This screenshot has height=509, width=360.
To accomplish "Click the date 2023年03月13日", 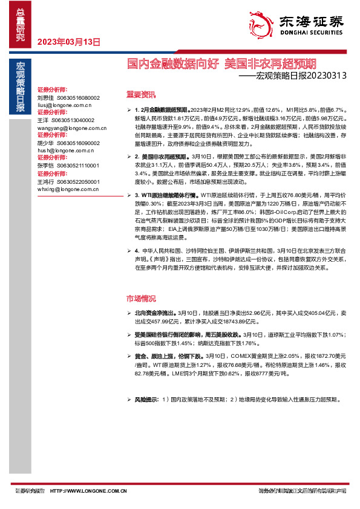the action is click(68, 42).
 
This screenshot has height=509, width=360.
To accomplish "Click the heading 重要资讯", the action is click(140, 94).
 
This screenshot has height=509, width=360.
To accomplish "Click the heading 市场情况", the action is click(140, 299).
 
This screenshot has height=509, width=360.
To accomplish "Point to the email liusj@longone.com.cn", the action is click(64, 105).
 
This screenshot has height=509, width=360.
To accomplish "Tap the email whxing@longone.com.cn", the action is click(66, 189).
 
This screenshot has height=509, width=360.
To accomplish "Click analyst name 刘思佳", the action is click(45, 97).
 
